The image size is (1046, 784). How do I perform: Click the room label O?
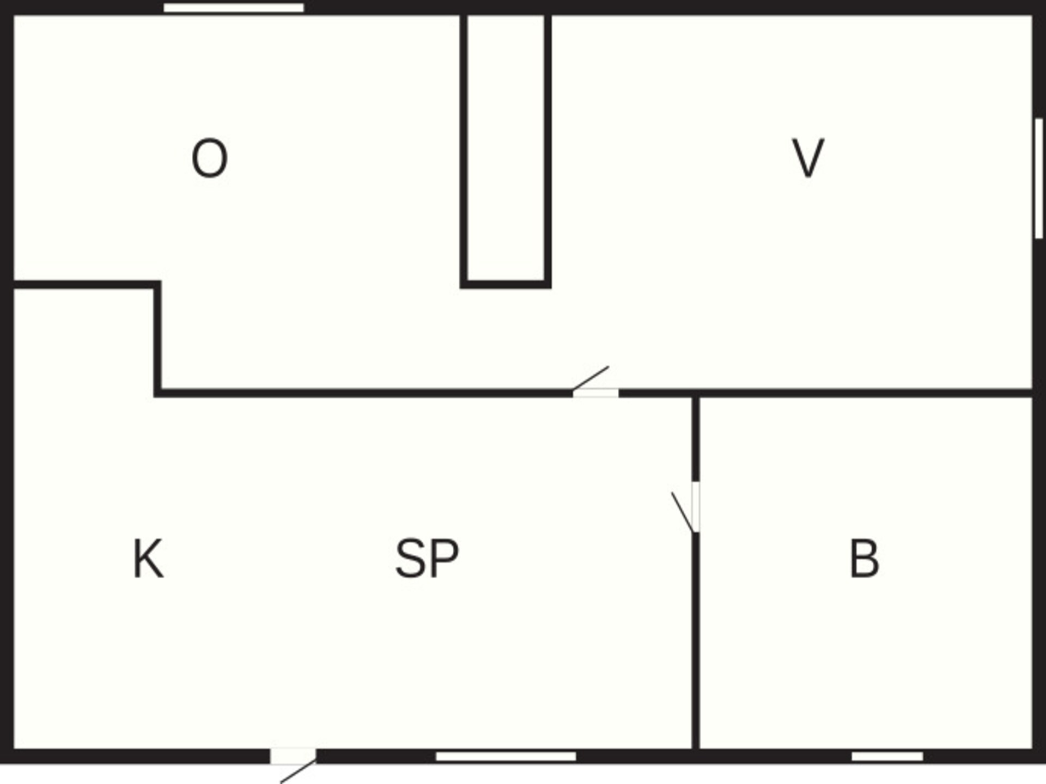point(209,158)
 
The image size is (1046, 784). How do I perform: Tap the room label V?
point(808,158)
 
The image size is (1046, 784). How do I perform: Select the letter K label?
point(148,559)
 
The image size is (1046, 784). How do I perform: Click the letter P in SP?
point(443,559)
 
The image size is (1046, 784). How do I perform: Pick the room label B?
point(864,559)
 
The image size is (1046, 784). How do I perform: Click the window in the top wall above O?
point(234,8)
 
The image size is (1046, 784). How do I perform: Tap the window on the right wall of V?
point(1039,178)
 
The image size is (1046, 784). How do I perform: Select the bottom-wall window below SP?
point(506,756)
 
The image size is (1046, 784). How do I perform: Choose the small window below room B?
point(887,756)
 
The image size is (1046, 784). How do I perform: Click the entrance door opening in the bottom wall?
point(293,756)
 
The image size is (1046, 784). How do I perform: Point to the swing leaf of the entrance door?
point(298,773)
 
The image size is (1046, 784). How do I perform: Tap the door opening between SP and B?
point(696,507)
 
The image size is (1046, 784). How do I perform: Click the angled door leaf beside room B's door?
point(683,512)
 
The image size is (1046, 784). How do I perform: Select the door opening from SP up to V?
point(595,393)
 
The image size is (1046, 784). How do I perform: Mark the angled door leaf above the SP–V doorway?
point(591,378)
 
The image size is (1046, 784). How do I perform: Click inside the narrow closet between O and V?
point(506,147)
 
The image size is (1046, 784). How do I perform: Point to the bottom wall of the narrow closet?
point(506,284)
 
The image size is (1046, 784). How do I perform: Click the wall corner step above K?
point(157,285)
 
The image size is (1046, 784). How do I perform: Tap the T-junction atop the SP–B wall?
point(696,394)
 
